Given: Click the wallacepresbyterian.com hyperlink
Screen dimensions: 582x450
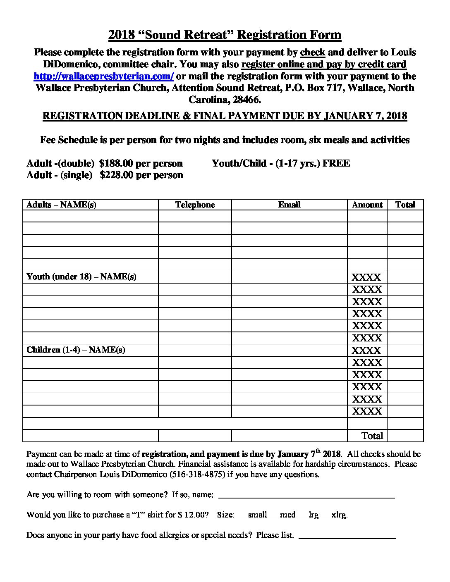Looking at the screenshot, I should point(103,76).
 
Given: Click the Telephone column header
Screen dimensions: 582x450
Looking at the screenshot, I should point(195,205).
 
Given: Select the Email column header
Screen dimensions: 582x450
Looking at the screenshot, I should point(289,205).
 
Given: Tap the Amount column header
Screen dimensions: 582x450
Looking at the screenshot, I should point(367,205).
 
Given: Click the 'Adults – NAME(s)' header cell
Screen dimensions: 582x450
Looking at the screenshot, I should point(61,205).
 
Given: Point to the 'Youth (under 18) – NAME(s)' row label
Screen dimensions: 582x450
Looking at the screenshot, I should point(81,277).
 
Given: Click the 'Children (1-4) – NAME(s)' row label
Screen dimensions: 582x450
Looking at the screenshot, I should point(76,350).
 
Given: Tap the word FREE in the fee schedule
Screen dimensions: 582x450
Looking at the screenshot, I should point(336,163).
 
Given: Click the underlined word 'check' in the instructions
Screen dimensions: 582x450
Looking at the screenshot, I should point(313,52).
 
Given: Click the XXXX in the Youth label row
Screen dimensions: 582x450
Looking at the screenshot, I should point(366,277).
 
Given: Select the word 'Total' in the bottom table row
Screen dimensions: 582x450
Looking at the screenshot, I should point(372,436).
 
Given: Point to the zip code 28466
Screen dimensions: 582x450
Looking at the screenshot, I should point(247,100).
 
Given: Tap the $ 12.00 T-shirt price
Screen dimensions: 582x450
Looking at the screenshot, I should point(191,515).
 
